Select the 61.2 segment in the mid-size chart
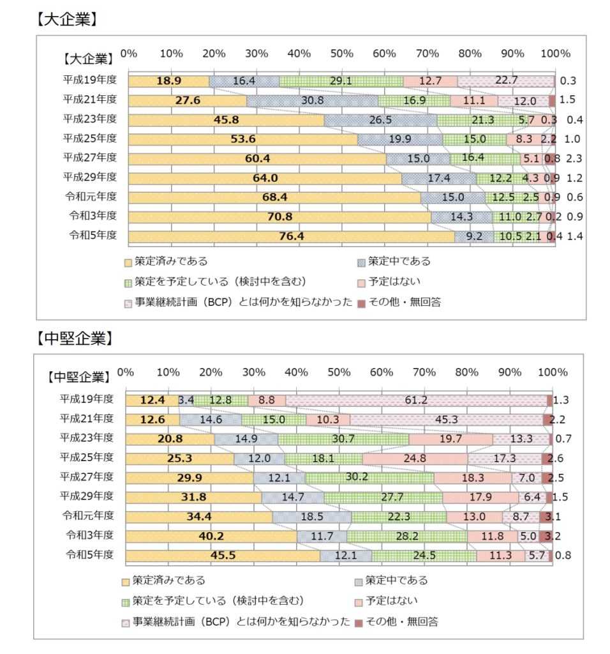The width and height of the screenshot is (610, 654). click(415, 400)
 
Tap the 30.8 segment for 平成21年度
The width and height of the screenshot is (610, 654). click(312, 101)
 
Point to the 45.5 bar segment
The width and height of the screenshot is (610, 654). click(223, 556)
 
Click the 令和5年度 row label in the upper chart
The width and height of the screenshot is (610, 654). click(93, 235)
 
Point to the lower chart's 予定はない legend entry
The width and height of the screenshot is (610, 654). click(386, 601)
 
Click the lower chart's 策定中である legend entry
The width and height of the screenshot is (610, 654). click(396, 581)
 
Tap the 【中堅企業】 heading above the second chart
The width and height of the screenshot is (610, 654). click(74, 338)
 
